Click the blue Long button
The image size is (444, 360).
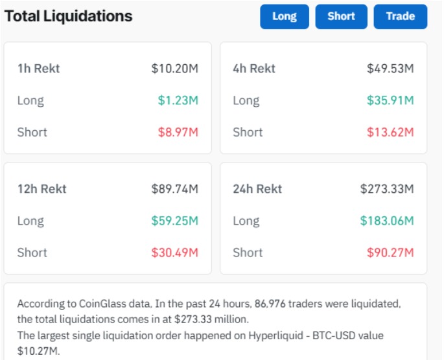285,17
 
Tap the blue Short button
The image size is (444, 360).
341,17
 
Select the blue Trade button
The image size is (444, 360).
400,17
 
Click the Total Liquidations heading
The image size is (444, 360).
68,16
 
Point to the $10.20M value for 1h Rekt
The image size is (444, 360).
174,69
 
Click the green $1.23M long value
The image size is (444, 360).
178,100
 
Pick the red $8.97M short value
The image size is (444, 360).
178,132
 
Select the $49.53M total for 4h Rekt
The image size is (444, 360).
390,69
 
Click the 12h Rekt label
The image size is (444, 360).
41,189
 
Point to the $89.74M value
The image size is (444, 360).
174,189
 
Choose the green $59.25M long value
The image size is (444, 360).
174,221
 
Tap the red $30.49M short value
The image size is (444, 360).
174,253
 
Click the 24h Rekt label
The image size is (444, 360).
257,189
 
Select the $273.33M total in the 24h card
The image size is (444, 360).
386,189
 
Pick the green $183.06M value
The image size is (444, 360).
386,221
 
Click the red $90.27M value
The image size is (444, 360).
390,253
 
